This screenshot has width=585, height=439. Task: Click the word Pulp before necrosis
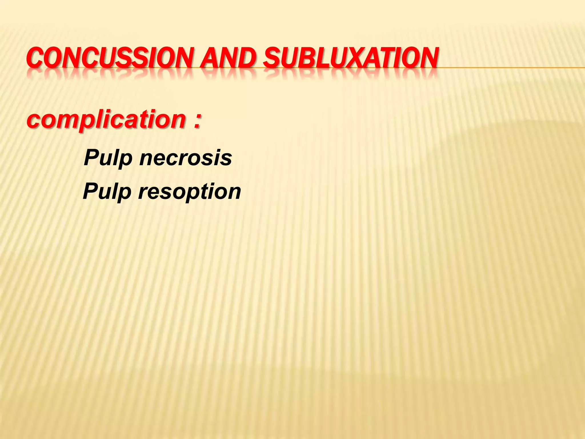(108, 158)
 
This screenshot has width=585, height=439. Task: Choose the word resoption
(190, 192)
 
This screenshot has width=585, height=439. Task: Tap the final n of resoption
(234, 192)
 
